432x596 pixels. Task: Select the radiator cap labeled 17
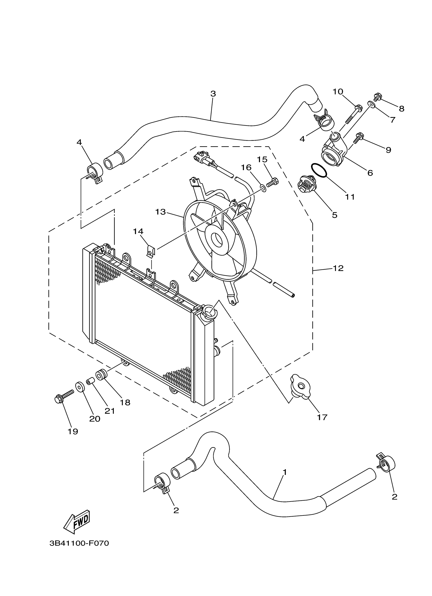coord(300,386)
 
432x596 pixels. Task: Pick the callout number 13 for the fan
coord(160,212)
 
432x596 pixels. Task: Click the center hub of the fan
coord(217,240)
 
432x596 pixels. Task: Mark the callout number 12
coord(338,268)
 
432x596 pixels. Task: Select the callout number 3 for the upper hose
coord(213,93)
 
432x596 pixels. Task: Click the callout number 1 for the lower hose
coord(285,472)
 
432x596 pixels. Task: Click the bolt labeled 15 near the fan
coord(273,181)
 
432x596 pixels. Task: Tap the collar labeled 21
coord(90,381)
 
